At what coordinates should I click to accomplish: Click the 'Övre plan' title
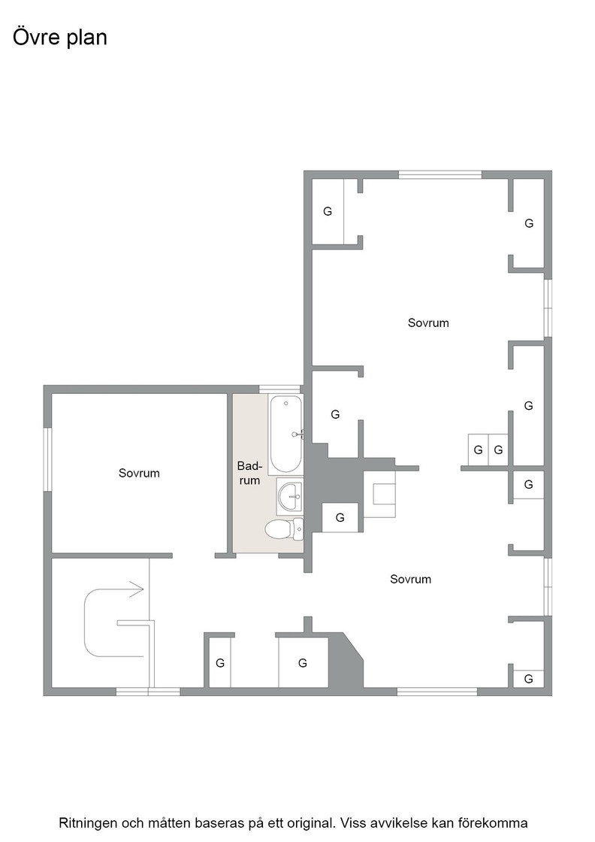point(60,37)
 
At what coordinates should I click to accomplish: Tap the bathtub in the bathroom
point(285,434)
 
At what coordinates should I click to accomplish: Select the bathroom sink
point(290,497)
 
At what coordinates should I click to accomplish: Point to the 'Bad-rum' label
point(249,473)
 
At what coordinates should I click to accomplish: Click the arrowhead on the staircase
point(137,589)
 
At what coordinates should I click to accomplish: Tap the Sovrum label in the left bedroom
point(139,473)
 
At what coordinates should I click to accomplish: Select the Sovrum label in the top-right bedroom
point(428,323)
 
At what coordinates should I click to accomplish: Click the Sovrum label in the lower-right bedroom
point(410,579)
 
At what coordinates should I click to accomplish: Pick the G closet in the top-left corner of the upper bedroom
point(328,211)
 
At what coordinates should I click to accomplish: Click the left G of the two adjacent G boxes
point(478,450)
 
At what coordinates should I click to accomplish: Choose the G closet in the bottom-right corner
point(528,679)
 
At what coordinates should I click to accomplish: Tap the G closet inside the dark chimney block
point(340,518)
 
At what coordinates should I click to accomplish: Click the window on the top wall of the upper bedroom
point(440,174)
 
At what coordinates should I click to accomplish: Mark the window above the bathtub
point(279,389)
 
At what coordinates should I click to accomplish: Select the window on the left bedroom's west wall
point(48,459)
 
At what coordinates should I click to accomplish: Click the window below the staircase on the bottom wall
point(148,692)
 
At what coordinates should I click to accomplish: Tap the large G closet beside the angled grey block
point(303,663)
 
